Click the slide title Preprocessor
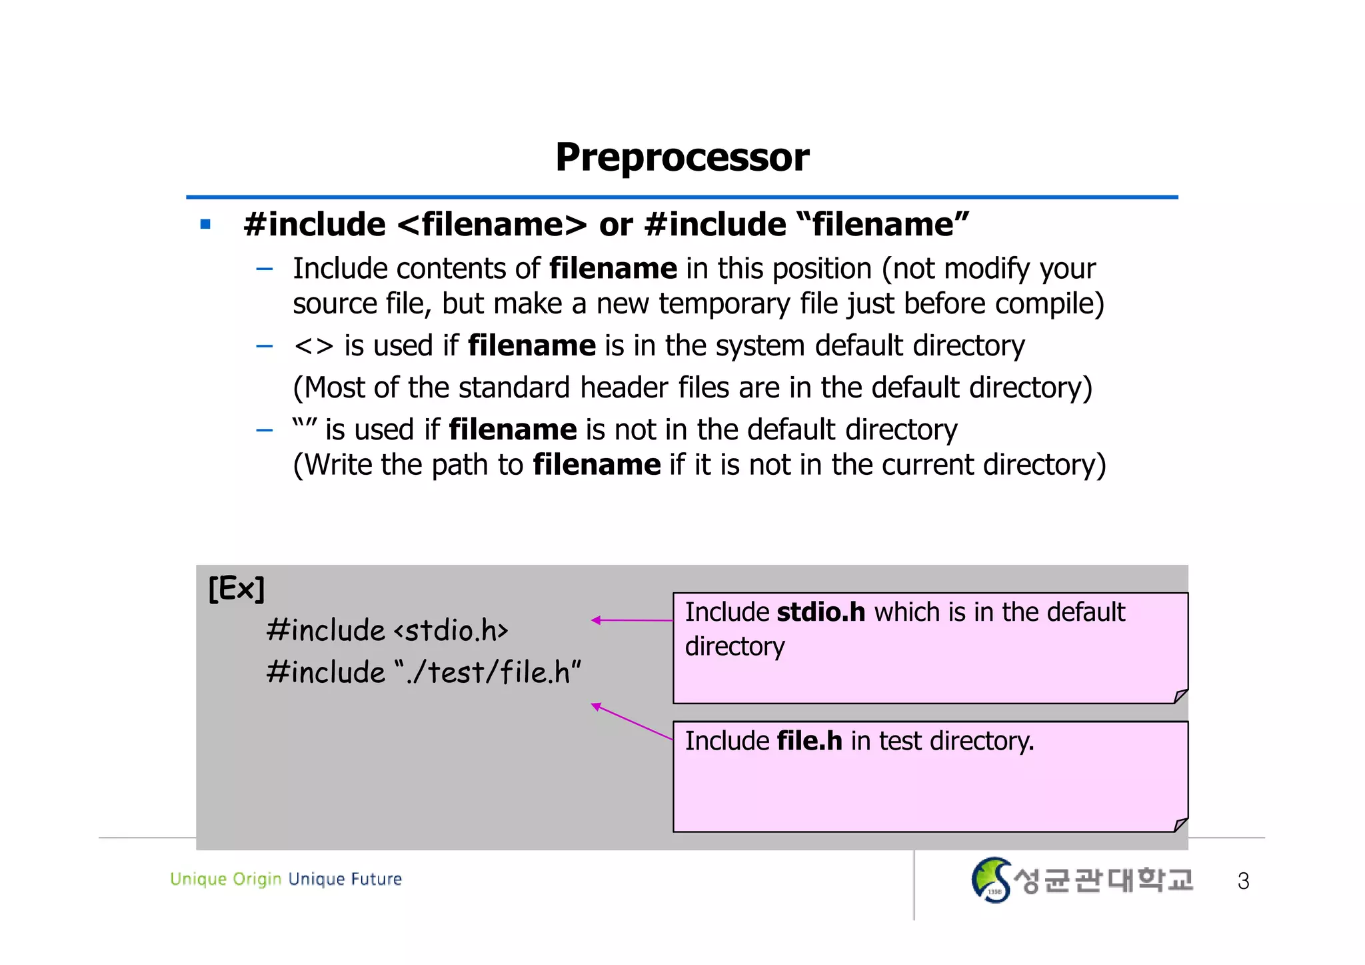[x=682, y=158]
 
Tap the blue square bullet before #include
[x=205, y=225]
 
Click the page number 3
[x=1243, y=881]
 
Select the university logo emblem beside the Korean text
[x=990, y=880]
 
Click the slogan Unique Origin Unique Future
[x=286, y=879]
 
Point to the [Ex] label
[x=236, y=589]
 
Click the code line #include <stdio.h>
[x=387, y=630]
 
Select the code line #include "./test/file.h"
[x=423, y=672]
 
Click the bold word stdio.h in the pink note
[x=820, y=612]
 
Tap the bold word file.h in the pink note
[x=809, y=741]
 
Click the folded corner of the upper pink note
[x=1180, y=696]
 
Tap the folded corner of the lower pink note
[x=1180, y=824]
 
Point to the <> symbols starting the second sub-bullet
[x=313, y=346]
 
